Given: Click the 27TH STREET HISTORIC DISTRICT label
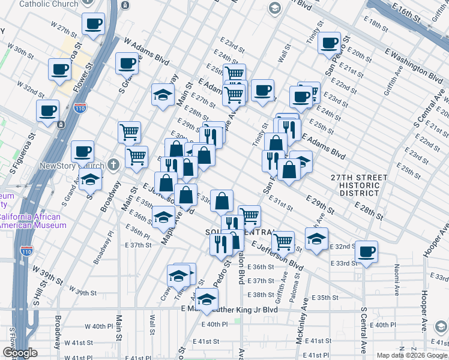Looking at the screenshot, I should tap(358, 185).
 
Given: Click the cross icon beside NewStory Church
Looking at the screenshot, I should tap(114, 164).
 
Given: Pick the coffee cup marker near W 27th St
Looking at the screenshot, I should tap(92, 25).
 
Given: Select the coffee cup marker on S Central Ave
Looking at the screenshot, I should tap(366, 251).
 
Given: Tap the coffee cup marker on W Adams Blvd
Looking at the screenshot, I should tap(127, 63).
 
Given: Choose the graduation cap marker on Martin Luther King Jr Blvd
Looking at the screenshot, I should tap(206, 298).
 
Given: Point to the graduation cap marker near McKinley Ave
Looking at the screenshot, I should tap(316, 239).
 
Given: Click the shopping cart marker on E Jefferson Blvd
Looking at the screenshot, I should tap(282, 242).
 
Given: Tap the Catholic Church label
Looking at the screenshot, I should tap(49, 4).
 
